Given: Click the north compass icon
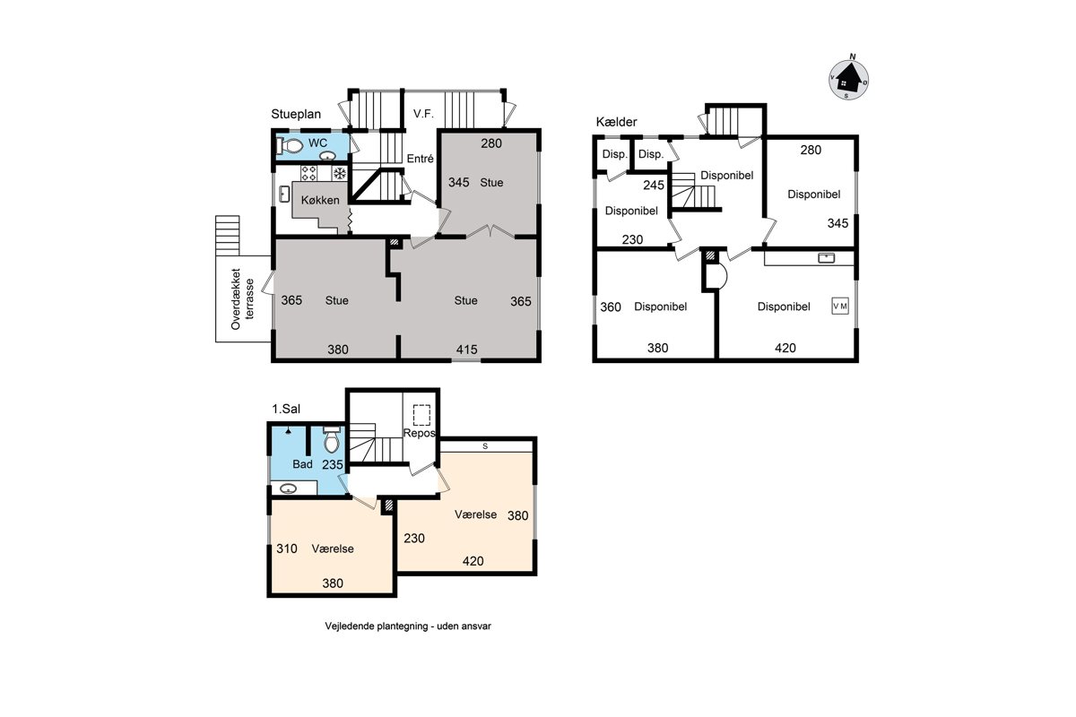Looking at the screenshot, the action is [x=849, y=80].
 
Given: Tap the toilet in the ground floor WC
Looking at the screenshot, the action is [x=289, y=145].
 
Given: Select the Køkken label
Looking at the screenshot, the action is [x=320, y=200].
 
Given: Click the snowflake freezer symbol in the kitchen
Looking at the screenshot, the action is [x=340, y=173].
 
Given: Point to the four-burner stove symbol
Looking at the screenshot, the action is [x=308, y=173].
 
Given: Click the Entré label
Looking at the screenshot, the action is [x=421, y=159].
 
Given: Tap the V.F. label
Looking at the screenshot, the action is [x=423, y=114].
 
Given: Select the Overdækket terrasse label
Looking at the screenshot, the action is [x=242, y=298].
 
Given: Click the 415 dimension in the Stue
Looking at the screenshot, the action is [x=466, y=350].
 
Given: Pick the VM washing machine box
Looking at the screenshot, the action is [x=840, y=307].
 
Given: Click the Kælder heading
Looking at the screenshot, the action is [x=616, y=122].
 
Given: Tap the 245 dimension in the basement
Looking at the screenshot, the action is [x=654, y=186].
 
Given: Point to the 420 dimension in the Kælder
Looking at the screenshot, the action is [x=785, y=348].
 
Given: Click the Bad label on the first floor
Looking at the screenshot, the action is [x=303, y=464].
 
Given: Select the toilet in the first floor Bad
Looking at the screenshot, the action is [x=332, y=440].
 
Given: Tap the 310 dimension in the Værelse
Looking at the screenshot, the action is [x=287, y=549].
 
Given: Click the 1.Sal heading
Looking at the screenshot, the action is [x=286, y=410].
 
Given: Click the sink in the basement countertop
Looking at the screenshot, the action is [x=826, y=258].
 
